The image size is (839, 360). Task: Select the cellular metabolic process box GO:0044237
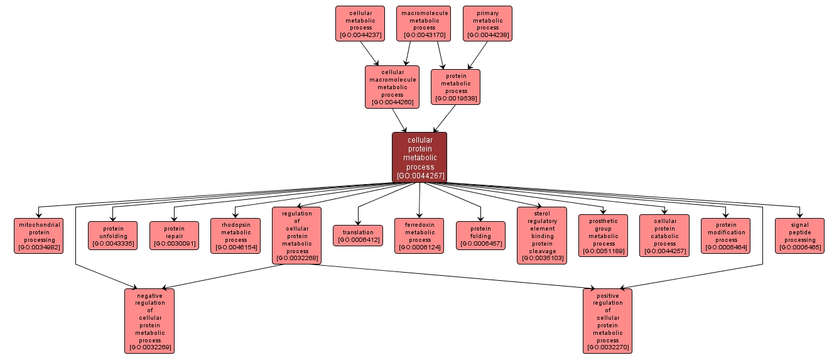tap(360, 24)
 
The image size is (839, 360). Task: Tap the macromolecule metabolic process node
tap(424, 24)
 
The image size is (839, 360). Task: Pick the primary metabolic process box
tap(487, 24)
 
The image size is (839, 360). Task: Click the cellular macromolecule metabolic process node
tap(392, 87)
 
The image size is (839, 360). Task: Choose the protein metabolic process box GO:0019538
tap(455, 87)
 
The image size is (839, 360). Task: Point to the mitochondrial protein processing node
tap(39, 236)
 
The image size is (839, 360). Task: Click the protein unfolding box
tap(112, 236)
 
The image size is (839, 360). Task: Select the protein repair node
tap(174, 236)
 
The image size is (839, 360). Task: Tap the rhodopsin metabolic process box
tap(235, 236)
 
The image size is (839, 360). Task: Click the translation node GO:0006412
tap(358, 236)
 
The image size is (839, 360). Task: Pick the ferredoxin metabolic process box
tap(419, 236)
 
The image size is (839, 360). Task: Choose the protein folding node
tap(480, 236)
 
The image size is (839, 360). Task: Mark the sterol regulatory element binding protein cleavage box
tap(542, 236)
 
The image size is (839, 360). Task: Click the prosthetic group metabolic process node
tap(604, 236)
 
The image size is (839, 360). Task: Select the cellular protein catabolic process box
tap(664, 236)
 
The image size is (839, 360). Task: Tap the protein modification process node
tap(726, 236)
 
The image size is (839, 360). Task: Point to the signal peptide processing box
tap(799, 236)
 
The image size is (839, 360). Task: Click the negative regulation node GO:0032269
tap(149, 321)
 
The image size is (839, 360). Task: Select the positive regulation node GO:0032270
tap(607, 321)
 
